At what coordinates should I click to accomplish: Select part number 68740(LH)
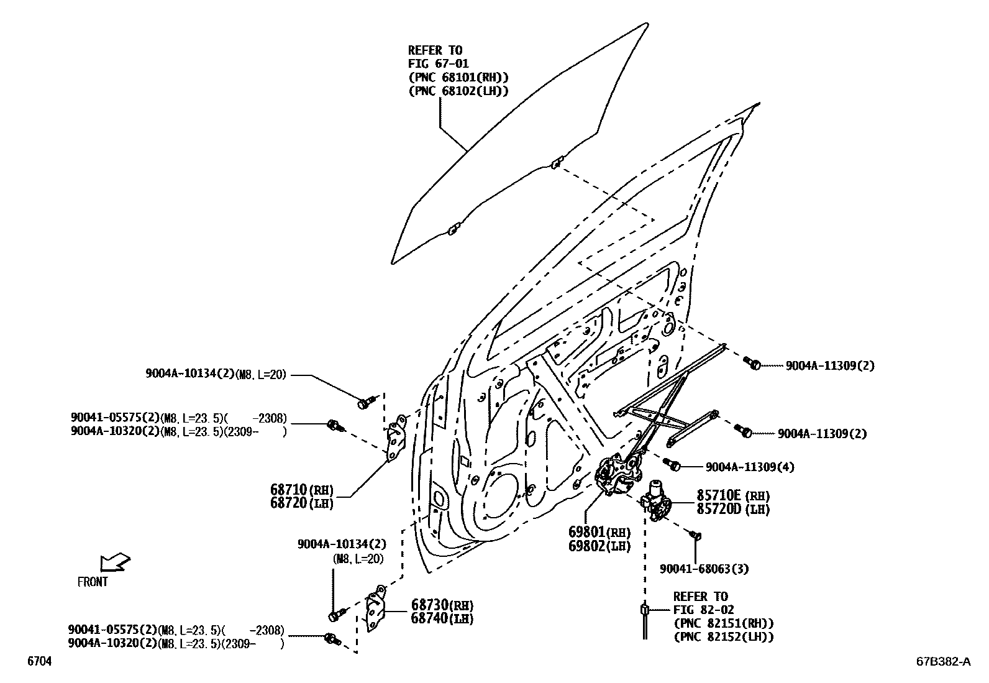click(442, 619)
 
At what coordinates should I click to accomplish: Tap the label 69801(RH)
click(599, 533)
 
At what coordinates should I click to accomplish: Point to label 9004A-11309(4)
click(749, 467)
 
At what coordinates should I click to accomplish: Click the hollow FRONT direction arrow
click(115, 562)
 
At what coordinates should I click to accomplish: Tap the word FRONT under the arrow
click(93, 582)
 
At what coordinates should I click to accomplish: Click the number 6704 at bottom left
click(39, 662)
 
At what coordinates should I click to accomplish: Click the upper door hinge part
click(396, 439)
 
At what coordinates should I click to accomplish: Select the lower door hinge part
click(375, 609)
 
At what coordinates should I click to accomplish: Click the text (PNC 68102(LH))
click(458, 91)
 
